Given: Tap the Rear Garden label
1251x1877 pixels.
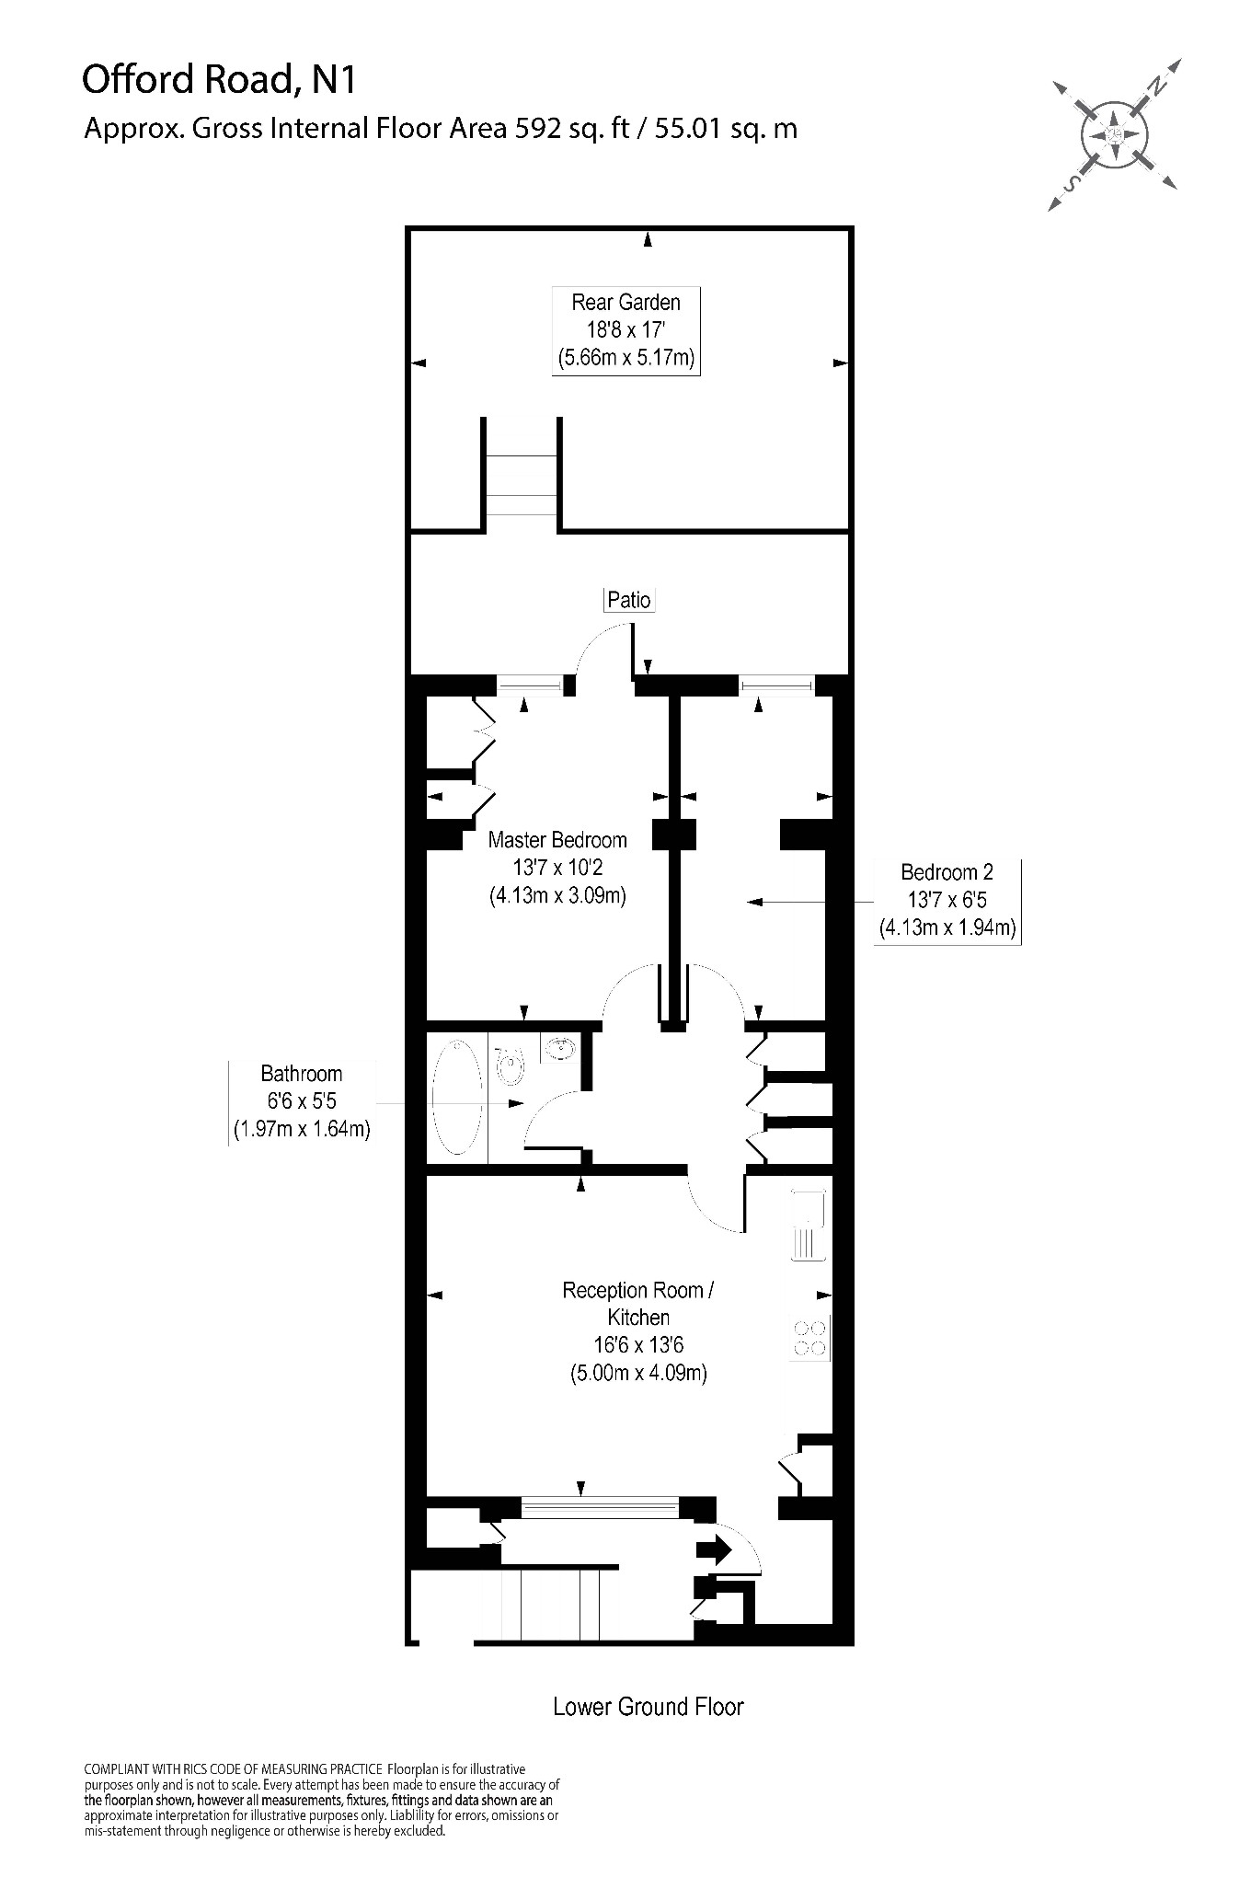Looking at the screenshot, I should pos(625,329).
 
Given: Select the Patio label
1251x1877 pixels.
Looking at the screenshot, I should pos(629,600).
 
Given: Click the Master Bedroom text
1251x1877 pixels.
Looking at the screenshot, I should pos(557,839).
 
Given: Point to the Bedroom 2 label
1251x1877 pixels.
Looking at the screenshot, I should pos(947,899).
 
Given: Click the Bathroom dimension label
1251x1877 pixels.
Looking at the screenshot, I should pos(301,1101).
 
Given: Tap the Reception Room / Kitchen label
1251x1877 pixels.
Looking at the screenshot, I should pos(638,1330).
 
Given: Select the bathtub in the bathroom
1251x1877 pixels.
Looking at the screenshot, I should pos(457,1097).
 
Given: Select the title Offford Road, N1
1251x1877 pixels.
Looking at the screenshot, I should pos(219,80).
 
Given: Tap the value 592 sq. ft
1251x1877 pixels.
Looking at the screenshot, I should pos(570,128).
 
